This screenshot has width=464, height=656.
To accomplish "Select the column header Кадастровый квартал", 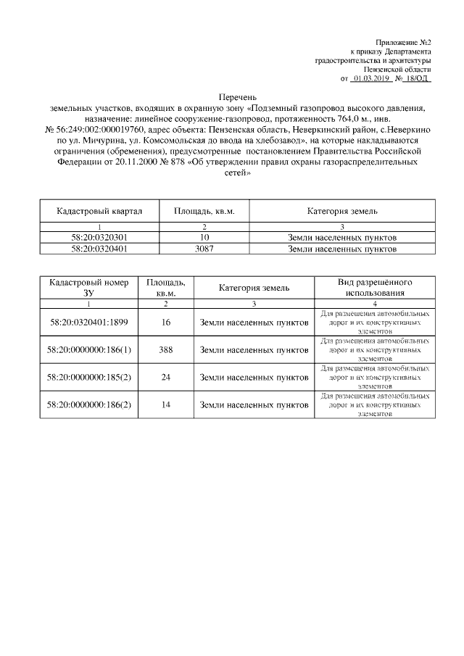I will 99,211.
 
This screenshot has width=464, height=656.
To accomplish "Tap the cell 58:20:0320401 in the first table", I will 99,249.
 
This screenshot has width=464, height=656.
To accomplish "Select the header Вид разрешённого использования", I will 375,287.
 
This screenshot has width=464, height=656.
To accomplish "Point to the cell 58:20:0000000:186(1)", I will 88,349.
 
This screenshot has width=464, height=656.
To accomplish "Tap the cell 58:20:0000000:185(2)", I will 88,377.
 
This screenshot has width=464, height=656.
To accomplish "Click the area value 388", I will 166,349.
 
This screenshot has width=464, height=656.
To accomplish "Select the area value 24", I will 166,377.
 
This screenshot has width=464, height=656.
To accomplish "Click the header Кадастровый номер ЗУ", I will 88,287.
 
